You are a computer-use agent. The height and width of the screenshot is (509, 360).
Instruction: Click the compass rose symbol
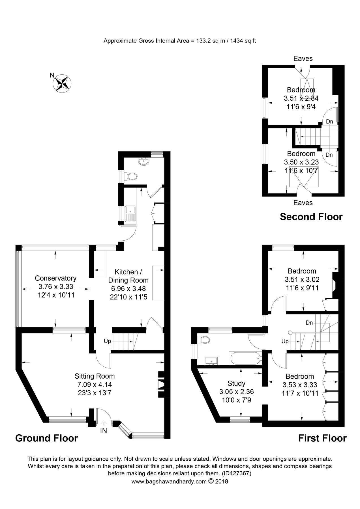pos(62,83)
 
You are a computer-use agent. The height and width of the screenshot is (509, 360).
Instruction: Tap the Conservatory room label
pos(55,278)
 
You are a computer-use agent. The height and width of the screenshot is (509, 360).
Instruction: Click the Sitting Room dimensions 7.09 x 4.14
pos(95,385)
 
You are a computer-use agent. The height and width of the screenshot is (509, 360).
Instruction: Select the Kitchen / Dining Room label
pos(128,276)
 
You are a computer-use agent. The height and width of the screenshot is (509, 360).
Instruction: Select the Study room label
pos(236,383)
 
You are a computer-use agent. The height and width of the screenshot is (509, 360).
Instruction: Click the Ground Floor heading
pos(46,438)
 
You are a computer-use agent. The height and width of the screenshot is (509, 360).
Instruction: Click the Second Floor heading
pos(311,217)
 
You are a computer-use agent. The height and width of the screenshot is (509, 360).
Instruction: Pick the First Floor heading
pos(322,438)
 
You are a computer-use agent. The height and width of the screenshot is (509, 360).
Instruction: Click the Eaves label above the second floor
pos(303,59)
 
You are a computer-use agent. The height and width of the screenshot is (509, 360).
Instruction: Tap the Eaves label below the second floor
pos(303,203)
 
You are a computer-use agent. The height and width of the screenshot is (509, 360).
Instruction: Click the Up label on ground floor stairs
pos(108,341)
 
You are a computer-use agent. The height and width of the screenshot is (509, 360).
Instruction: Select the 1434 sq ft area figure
pos(243,41)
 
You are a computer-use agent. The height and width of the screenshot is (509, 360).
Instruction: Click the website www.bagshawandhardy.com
pos(169,482)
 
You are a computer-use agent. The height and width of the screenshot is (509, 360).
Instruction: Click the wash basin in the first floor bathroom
pos(211,361)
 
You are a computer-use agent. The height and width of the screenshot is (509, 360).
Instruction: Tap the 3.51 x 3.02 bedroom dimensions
pos(302,280)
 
